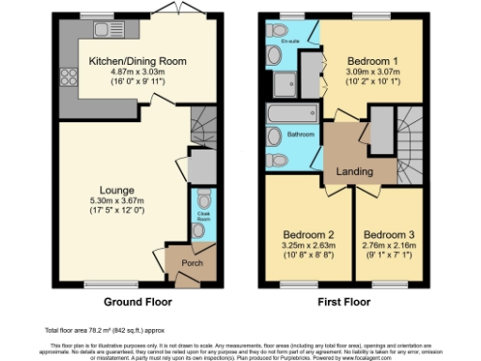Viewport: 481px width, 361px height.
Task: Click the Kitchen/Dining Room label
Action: tap(137, 61)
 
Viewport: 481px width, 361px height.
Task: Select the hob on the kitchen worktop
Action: tap(68, 78)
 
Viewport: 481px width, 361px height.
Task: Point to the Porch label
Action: tap(178, 262)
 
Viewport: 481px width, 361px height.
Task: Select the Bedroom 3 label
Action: tap(388, 233)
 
